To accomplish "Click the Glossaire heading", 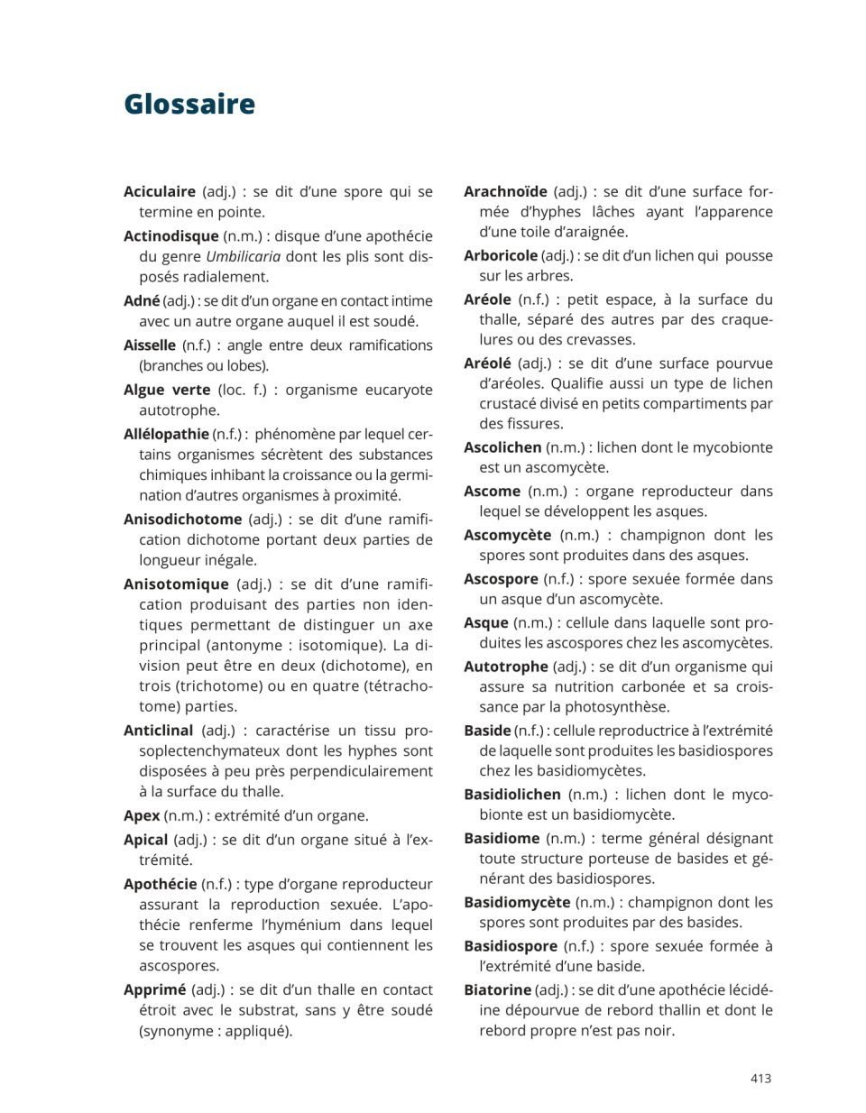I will click(x=189, y=104).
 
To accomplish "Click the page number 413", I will click(x=760, y=1078).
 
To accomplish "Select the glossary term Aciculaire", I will click(x=160, y=192).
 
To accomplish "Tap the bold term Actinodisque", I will click(x=170, y=236).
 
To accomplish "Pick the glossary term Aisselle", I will click(x=150, y=345).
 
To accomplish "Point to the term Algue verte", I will click(x=167, y=390).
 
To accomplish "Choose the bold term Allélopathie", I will click(x=166, y=434).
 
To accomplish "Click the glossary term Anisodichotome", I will click(x=182, y=520).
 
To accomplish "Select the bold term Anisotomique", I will click(x=176, y=584).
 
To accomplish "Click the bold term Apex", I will click(x=142, y=815).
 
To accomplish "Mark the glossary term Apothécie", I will click(x=160, y=884).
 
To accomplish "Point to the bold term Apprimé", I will click(x=154, y=989).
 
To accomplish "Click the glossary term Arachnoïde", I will click(x=505, y=191).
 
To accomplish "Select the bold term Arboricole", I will click(x=501, y=255).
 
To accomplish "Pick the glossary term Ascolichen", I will click(x=502, y=447).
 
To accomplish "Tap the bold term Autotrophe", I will click(x=505, y=667).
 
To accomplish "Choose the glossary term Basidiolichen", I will click(x=511, y=795).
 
